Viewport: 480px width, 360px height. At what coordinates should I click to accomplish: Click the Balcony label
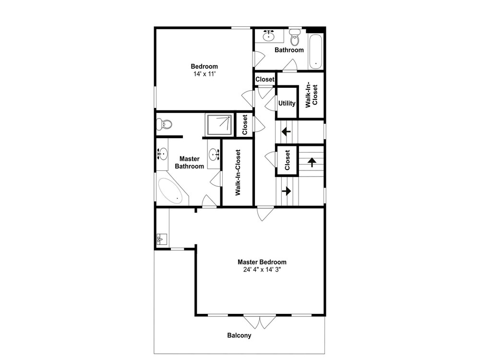[239, 336]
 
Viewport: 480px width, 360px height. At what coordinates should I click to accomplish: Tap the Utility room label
[287, 104]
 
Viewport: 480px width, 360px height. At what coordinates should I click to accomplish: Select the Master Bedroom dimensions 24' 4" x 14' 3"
[262, 270]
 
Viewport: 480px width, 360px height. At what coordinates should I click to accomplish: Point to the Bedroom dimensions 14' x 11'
[204, 74]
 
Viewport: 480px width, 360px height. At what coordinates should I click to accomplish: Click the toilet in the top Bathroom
[295, 37]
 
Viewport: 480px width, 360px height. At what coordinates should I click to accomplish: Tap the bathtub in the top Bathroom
[315, 51]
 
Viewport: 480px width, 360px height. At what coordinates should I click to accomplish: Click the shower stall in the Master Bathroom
[219, 124]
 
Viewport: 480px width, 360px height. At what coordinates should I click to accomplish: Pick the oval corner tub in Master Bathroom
[170, 192]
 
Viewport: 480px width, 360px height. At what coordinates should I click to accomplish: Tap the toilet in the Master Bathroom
[164, 124]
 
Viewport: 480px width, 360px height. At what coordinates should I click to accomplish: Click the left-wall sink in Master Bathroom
[162, 154]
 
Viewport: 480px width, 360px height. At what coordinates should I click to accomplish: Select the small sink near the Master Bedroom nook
[161, 239]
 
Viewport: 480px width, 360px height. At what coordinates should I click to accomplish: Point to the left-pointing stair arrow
[286, 132]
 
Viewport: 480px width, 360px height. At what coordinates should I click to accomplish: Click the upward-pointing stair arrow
[312, 162]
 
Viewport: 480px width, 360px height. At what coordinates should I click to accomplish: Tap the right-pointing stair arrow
[287, 191]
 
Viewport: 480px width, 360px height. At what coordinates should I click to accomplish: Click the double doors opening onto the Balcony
[260, 322]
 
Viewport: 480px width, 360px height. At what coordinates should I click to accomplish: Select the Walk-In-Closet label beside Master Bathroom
[238, 172]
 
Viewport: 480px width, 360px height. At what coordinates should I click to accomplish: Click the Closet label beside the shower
[245, 125]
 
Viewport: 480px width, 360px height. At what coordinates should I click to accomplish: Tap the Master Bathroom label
[189, 163]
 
